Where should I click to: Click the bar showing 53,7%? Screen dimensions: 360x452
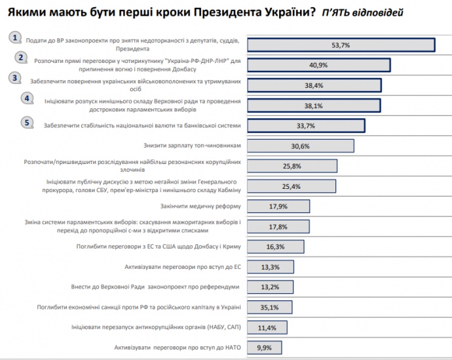(x=341, y=45)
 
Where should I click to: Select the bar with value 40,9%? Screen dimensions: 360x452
(x=318, y=65)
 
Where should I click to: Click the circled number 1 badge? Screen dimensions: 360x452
(x=16, y=37)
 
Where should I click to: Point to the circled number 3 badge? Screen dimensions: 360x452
(x=15, y=77)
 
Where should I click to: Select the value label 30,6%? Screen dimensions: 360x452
(x=300, y=146)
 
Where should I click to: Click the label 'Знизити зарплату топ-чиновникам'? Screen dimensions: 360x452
(x=193, y=146)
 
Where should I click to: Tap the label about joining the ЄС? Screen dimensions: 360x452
(x=183, y=267)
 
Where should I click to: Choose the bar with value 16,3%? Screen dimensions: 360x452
(x=276, y=247)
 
